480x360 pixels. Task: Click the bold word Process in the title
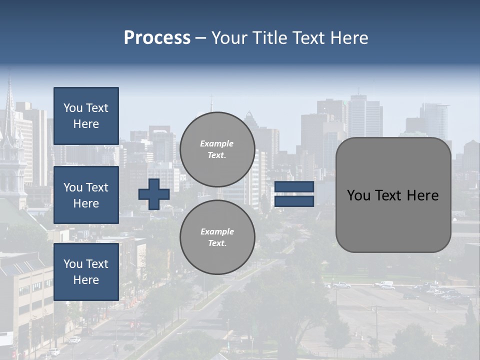click(x=157, y=38)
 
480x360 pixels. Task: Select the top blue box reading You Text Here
click(x=86, y=116)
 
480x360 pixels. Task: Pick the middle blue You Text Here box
click(x=86, y=195)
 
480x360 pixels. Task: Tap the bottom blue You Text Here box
click(x=86, y=271)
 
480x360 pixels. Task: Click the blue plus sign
click(x=153, y=194)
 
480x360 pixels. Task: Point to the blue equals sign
click(x=294, y=194)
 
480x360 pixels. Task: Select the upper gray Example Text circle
click(x=217, y=149)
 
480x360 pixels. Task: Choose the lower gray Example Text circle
click(x=217, y=237)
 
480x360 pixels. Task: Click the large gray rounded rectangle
click(x=393, y=195)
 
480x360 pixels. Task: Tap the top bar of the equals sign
click(x=294, y=187)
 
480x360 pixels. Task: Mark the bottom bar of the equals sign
click(x=294, y=201)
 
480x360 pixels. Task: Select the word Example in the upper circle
click(x=216, y=143)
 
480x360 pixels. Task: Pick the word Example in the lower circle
click(x=217, y=231)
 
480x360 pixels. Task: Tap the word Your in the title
click(x=228, y=38)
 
